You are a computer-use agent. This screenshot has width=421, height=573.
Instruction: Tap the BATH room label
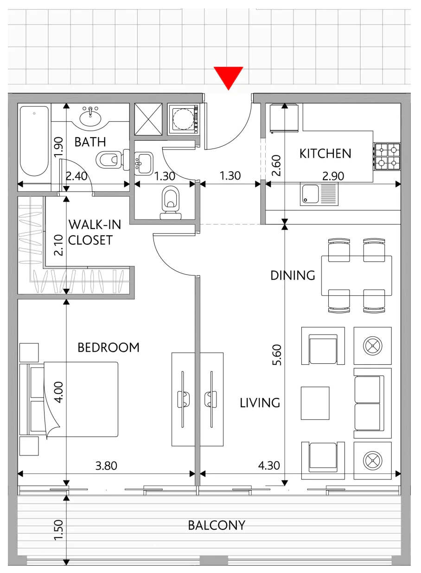90,142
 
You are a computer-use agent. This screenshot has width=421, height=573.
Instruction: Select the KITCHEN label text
325,154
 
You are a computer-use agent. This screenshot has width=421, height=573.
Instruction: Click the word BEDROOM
108,348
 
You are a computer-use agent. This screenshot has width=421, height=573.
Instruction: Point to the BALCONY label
217,525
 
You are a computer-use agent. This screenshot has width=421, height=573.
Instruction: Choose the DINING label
293,275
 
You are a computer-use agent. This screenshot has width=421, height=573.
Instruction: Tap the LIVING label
260,403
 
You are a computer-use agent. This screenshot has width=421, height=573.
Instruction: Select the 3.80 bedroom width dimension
106,466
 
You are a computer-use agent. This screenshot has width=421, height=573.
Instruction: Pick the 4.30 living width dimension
269,466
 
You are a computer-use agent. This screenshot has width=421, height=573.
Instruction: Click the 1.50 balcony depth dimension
59,530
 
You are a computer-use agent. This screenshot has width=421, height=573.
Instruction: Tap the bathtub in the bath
34,141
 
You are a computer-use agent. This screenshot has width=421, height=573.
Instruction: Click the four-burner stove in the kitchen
388,156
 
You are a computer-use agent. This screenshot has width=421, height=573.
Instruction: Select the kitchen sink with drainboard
319,194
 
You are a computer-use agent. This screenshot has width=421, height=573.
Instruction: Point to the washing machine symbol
183,119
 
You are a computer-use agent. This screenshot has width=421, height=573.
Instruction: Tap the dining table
357,275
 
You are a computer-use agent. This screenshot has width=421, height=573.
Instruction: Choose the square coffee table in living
315,403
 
